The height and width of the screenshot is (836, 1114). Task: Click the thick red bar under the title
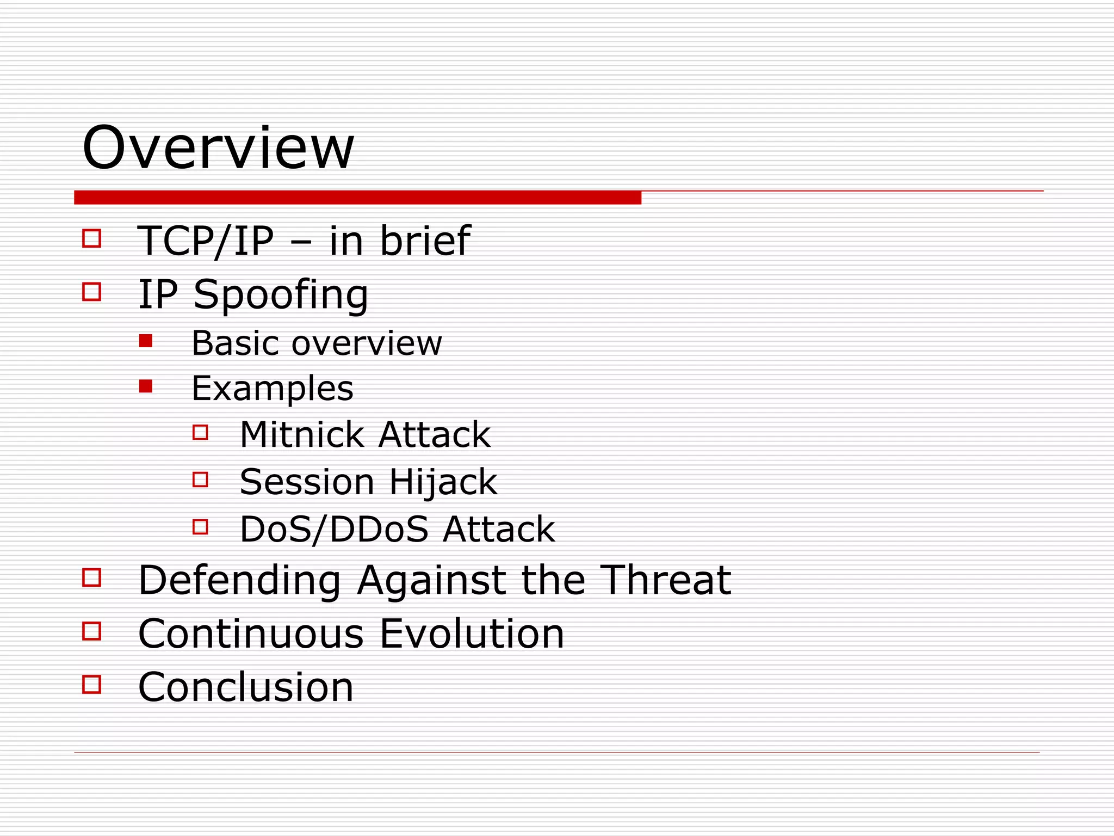point(357,198)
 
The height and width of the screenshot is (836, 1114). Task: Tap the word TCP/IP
point(206,241)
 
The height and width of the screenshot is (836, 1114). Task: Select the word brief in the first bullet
point(425,241)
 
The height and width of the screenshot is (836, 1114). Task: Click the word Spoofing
point(281,294)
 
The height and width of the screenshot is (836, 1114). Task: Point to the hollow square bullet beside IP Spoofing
point(91,292)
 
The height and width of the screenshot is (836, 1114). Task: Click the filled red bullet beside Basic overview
point(146,341)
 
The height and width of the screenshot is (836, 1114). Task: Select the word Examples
point(273,389)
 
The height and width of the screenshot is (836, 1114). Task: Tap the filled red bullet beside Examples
point(146,386)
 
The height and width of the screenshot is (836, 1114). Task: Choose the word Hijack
point(443,482)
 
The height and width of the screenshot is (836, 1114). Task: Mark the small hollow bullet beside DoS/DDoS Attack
point(200,527)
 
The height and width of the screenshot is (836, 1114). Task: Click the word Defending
point(240,580)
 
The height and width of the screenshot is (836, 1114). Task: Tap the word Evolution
point(472,634)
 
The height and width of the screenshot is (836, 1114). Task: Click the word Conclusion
point(246,687)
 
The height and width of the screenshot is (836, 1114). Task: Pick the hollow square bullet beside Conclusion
point(91,684)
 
